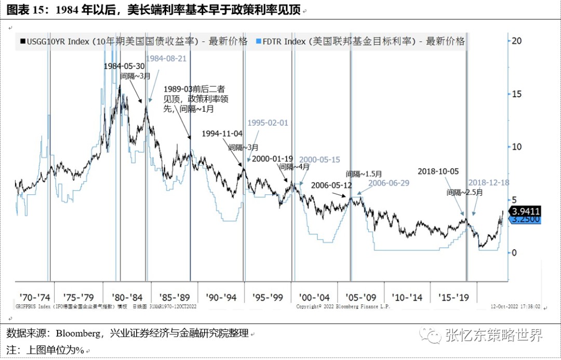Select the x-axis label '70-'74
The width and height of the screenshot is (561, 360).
[x=34, y=298]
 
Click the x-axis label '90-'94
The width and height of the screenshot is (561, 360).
[x=221, y=298]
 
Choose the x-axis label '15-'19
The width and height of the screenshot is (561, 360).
[x=455, y=298]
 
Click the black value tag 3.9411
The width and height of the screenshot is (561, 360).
[x=526, y=211]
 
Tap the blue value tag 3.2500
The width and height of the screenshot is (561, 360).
[x=526, y=220]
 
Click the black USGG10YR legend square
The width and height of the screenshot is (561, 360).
[x=22, y=42]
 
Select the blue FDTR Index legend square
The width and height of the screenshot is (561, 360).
[x=258, y=42]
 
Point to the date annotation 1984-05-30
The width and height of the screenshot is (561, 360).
[x=124, y=66]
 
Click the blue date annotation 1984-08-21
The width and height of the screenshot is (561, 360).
[x=166, y=59]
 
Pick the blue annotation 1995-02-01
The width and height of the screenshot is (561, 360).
[x=267, y=123]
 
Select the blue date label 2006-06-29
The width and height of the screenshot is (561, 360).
[x=389, y=183]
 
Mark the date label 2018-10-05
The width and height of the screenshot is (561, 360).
[x=439, y=171]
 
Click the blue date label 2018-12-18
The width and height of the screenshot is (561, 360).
[x=489, y=182]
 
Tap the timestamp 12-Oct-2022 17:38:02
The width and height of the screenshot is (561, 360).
[x=516, y=307]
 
